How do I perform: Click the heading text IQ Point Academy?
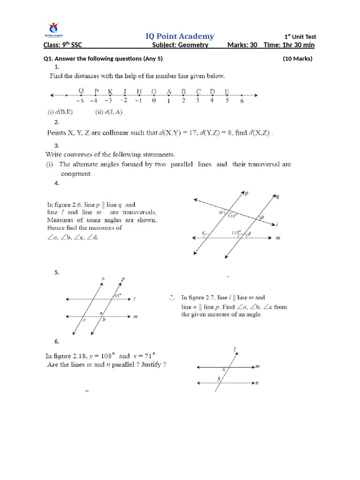point(180,36)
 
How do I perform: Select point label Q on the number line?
point(81,91)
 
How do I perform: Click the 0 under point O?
point(154,100)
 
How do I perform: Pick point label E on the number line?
point(227,91)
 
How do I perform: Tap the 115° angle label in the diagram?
point(236,232)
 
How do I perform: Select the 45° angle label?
point(117,296)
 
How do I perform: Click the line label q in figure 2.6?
point(277,196)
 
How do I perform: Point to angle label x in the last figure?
point(224,369)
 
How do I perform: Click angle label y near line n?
point(217,378)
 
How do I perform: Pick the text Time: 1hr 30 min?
point(289,45)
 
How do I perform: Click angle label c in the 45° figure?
point(84,320)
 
